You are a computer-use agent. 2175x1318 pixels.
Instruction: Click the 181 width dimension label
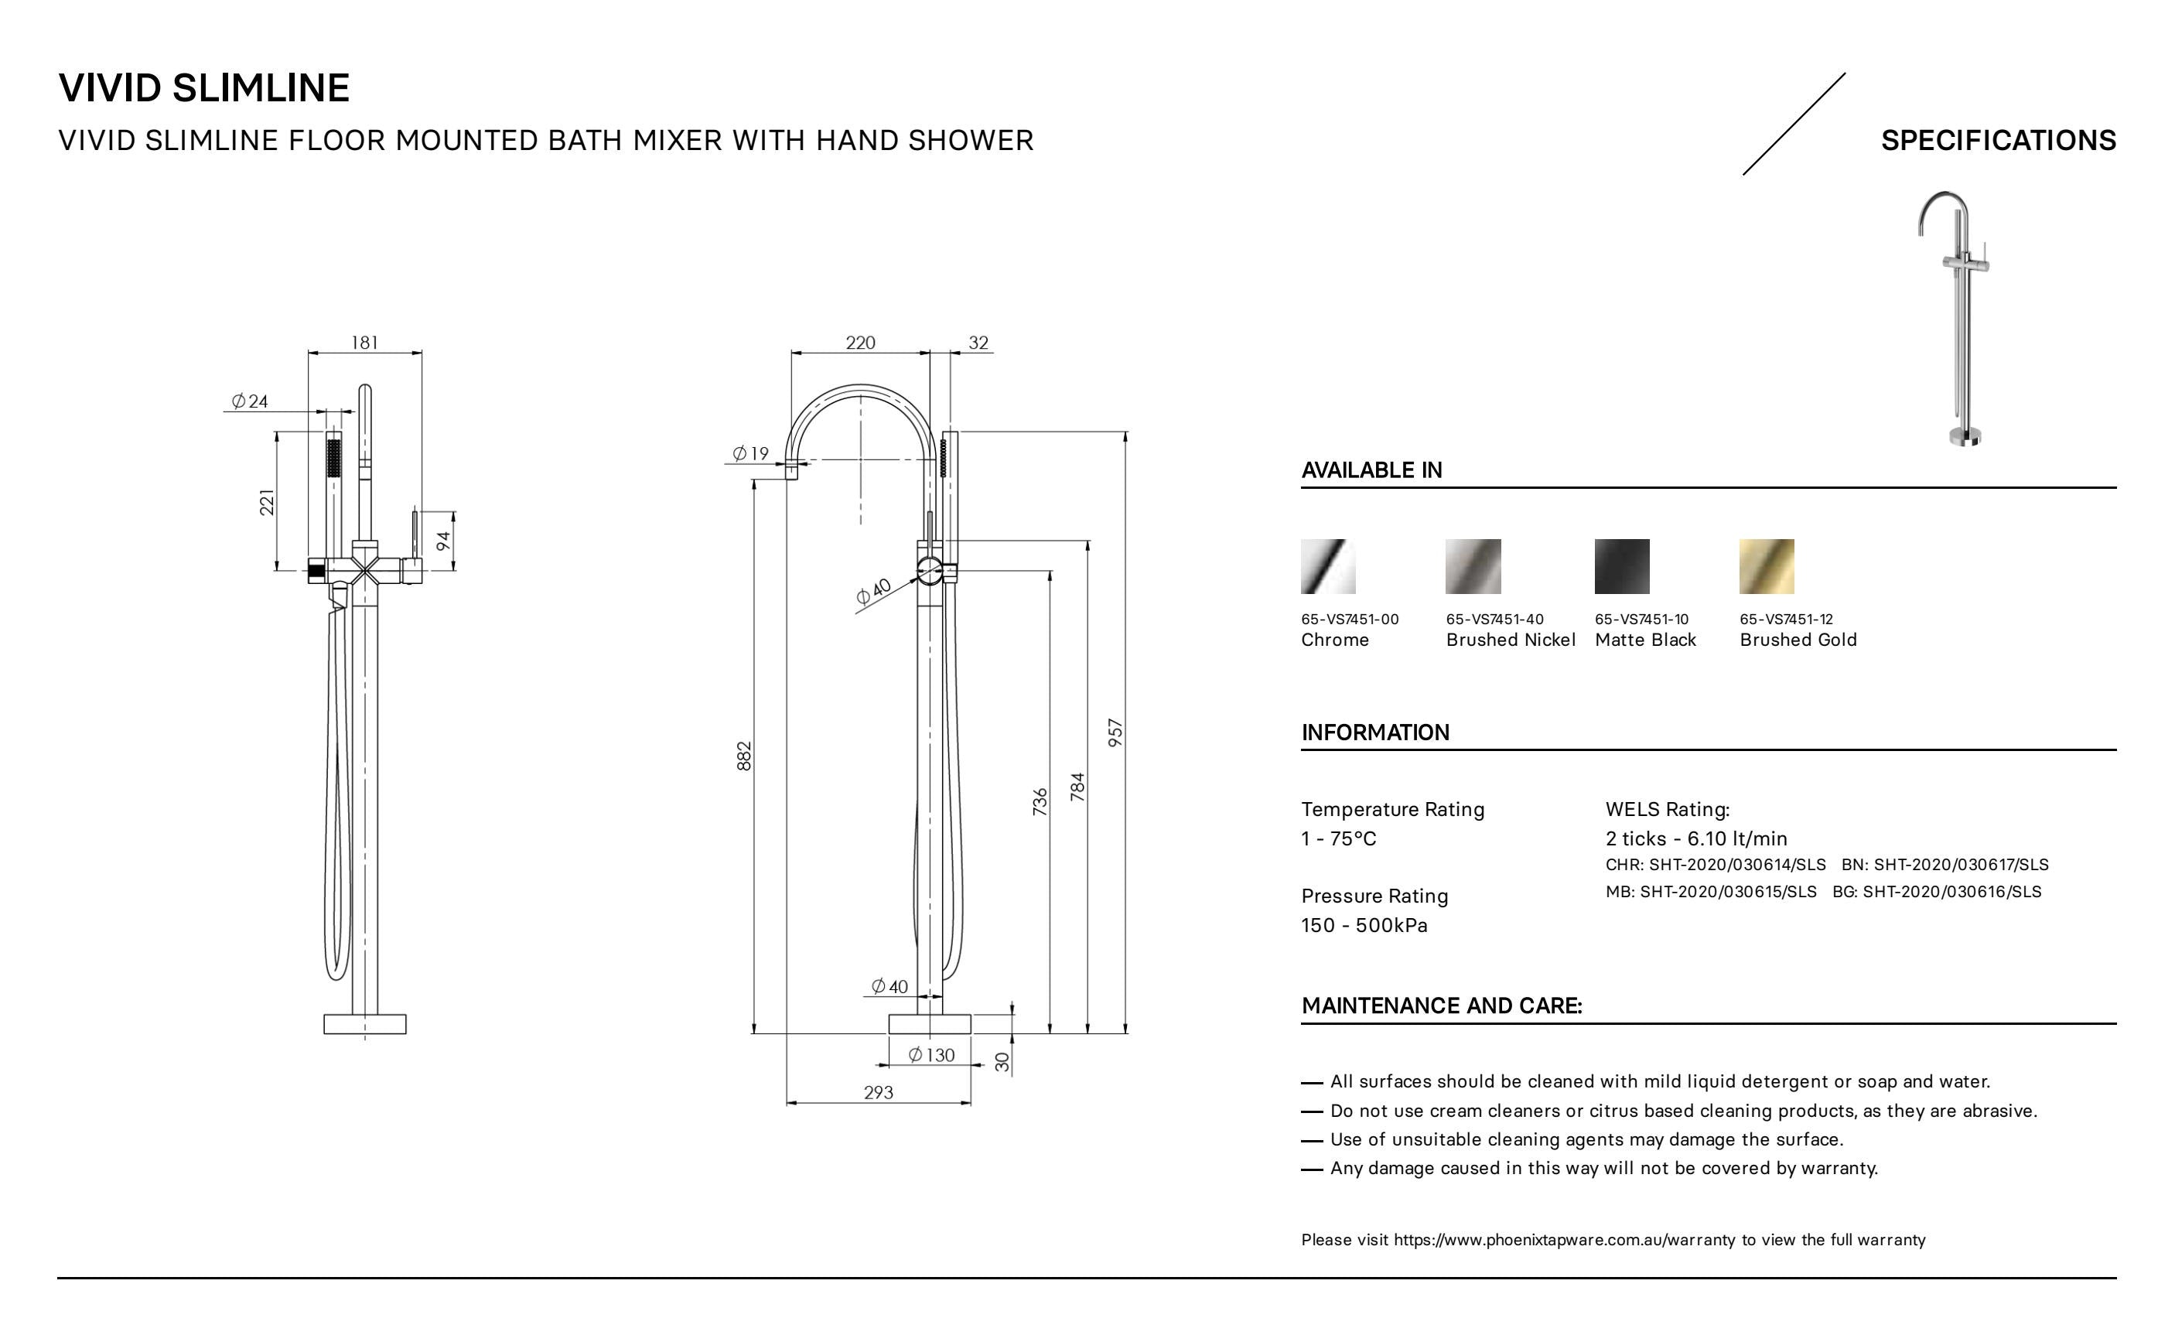pyautogui.click(x=364, y=343)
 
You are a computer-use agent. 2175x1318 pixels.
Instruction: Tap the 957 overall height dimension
pyautogui.click(x=1115, y=732)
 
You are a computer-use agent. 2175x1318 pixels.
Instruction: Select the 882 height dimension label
pyautogui.click(x=744, y=756)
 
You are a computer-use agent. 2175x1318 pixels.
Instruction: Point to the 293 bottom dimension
pyautogui.click(x=879, y=1093)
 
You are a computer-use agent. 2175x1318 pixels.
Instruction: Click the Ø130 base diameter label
pyautogui.click(x=931, y=1055)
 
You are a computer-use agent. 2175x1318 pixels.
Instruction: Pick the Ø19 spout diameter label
pyautogui.click(x=750, y=454)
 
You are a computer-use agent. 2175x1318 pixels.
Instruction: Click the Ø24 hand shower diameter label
pyautogui.click(x=250, y=401)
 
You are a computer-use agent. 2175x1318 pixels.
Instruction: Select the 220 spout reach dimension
pyautogui.click(x=860, y=343)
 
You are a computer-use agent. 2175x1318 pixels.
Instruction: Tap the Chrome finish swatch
pyautogui.click(x=1327, y=567)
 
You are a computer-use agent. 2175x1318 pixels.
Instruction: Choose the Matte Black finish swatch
pyautogui.click(x=1621, y=567)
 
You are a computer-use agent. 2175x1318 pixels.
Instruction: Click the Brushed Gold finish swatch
pyautogui.click(x=1767, y=567)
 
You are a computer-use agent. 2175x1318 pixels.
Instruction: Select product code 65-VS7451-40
pyautogui.click(x=1494, y=620)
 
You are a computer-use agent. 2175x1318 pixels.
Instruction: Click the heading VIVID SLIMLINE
pyautogui.click(x=204, y=88)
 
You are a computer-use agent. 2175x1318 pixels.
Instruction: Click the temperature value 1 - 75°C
pyautogui.click(x=1338, y=838)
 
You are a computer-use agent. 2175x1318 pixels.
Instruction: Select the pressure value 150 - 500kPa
pyautogui.click(x=1364, y=925)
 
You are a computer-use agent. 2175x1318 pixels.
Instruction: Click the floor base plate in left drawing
pyautogui.click(x=364, y=1024)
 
